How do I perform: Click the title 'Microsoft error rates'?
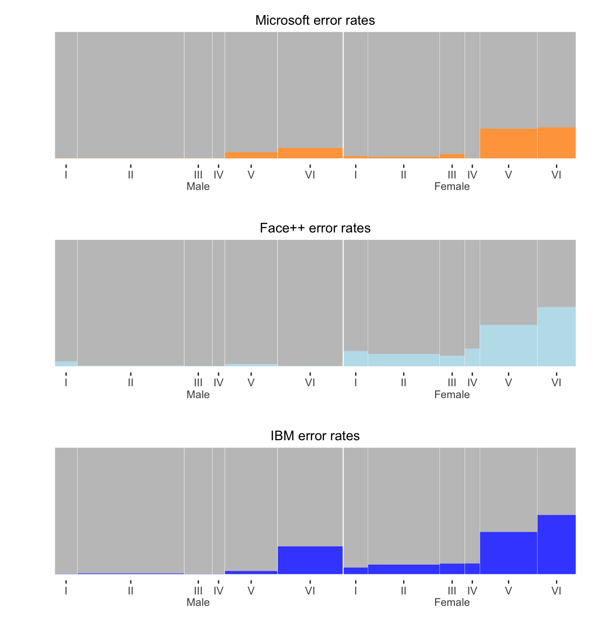315,20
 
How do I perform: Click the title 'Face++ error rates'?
315,228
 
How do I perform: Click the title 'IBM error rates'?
315,436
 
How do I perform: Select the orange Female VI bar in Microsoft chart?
556,143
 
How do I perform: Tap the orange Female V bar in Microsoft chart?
508,144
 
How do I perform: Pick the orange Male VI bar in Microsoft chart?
310,153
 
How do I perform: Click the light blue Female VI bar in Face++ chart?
556,336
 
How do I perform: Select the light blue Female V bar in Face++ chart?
508,345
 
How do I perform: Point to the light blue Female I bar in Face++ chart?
356,358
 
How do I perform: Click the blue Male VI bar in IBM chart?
310,560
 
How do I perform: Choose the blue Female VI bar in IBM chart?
556,544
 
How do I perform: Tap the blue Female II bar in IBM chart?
403,569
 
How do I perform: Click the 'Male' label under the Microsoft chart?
198,187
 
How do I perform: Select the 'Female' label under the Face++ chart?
452,394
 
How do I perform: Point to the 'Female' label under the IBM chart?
452,602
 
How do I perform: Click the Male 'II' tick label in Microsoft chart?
130,174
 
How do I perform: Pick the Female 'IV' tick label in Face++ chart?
472,382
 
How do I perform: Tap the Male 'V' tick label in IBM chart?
251,590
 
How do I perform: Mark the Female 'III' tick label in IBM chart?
452,590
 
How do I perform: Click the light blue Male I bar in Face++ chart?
66,364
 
